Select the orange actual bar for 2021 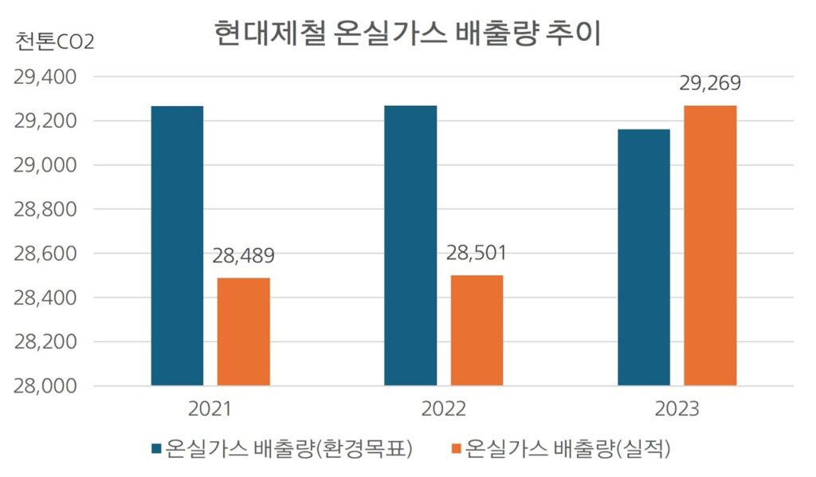244,332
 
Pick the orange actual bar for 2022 477,330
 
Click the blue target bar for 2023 644,257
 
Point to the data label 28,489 244,257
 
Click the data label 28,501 477,254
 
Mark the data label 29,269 710,85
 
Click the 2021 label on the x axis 210,409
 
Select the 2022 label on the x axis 443,409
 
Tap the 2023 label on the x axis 677,409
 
